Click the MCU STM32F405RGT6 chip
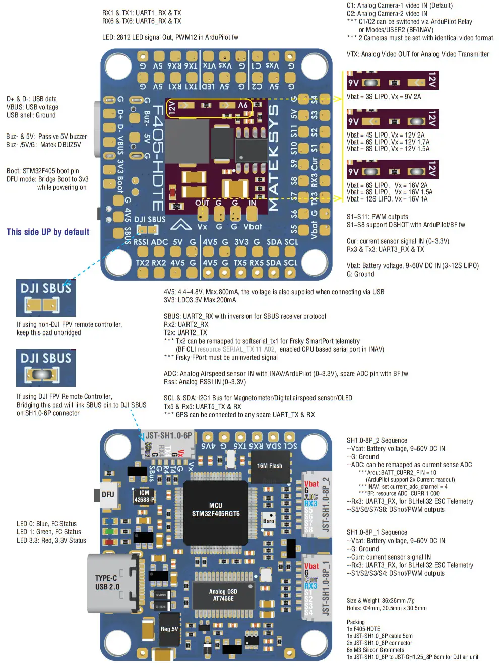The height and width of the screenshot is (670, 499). [x=216, y=509]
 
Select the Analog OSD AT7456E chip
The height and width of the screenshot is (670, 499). [x=223, y=595]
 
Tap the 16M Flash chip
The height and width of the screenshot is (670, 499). [x=270, y=466]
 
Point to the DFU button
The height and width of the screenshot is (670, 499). [x=107, y=494]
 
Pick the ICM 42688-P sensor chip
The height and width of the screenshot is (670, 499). [x=144, y=496]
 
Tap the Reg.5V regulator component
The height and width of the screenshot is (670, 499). [x=169, y=629]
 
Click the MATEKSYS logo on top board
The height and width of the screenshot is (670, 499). [x=273, y=157]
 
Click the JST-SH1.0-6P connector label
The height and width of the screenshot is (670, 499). [x=168, y=436]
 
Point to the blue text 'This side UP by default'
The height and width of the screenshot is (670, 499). [x=48, y=232]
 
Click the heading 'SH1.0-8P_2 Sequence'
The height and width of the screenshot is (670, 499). [x=377, y=440]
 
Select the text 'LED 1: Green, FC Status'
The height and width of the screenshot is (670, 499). [x=49, y=532]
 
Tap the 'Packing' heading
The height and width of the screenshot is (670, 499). [x=355, y=622]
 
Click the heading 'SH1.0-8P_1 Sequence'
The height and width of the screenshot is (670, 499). [x=377, y=532]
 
